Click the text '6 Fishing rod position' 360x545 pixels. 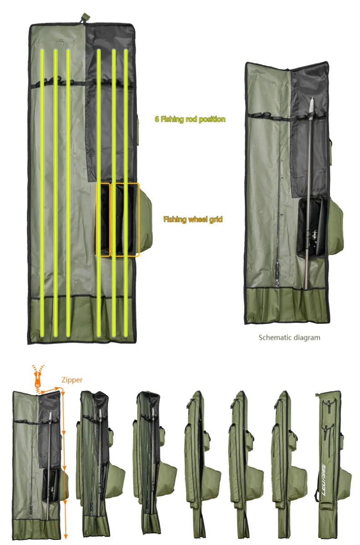tap(190, 119)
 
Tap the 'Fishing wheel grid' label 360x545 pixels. tap(193, 219)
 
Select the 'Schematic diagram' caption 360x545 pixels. tap(289, 337)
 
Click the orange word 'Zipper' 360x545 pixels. tap(72, 380)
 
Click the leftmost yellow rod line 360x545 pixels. tap(42, 193)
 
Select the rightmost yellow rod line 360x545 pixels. tap(126, 193)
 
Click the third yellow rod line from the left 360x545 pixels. tap(68, 193)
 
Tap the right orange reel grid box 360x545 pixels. tap(127, 220)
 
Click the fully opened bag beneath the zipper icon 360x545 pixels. tap(39, 466)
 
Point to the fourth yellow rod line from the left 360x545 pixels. tap(98, 193)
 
